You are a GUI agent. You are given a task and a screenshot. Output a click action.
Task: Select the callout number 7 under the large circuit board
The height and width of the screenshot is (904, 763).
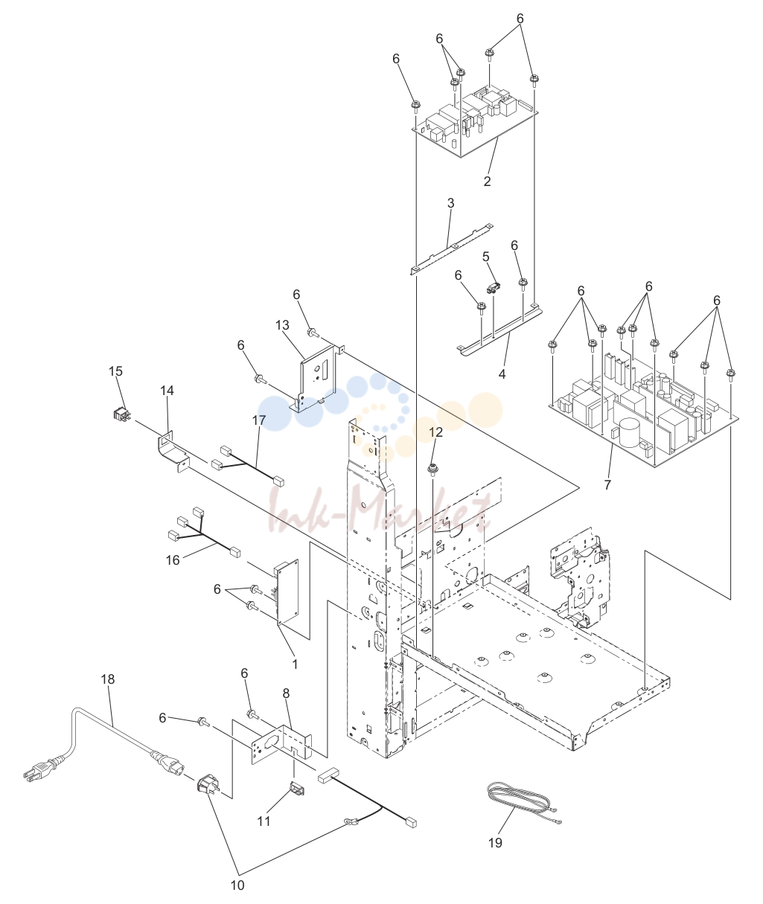tap(607, 485)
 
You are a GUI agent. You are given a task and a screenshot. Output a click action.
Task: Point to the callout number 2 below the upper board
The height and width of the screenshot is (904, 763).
tap(487, 182)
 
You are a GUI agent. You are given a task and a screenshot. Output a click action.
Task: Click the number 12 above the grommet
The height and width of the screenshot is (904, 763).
tap(436, 432)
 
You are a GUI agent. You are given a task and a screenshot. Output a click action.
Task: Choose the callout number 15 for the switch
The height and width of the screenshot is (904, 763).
tap(115, 371)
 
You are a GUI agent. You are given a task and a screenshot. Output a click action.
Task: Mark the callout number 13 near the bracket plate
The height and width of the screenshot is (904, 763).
tap(282, 324)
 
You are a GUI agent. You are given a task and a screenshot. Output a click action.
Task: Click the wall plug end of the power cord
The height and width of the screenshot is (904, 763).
tap(40, 773)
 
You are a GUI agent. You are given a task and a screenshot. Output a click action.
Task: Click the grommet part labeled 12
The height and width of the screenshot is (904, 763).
tap(432, 469)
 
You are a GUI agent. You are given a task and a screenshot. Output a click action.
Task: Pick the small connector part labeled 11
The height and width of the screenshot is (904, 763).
tap(298, 789)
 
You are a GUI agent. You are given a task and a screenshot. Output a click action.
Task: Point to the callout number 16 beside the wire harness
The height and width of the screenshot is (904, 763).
tap(173, 560)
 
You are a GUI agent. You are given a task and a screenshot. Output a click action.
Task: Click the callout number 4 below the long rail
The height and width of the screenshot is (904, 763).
tap(502, 374)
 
